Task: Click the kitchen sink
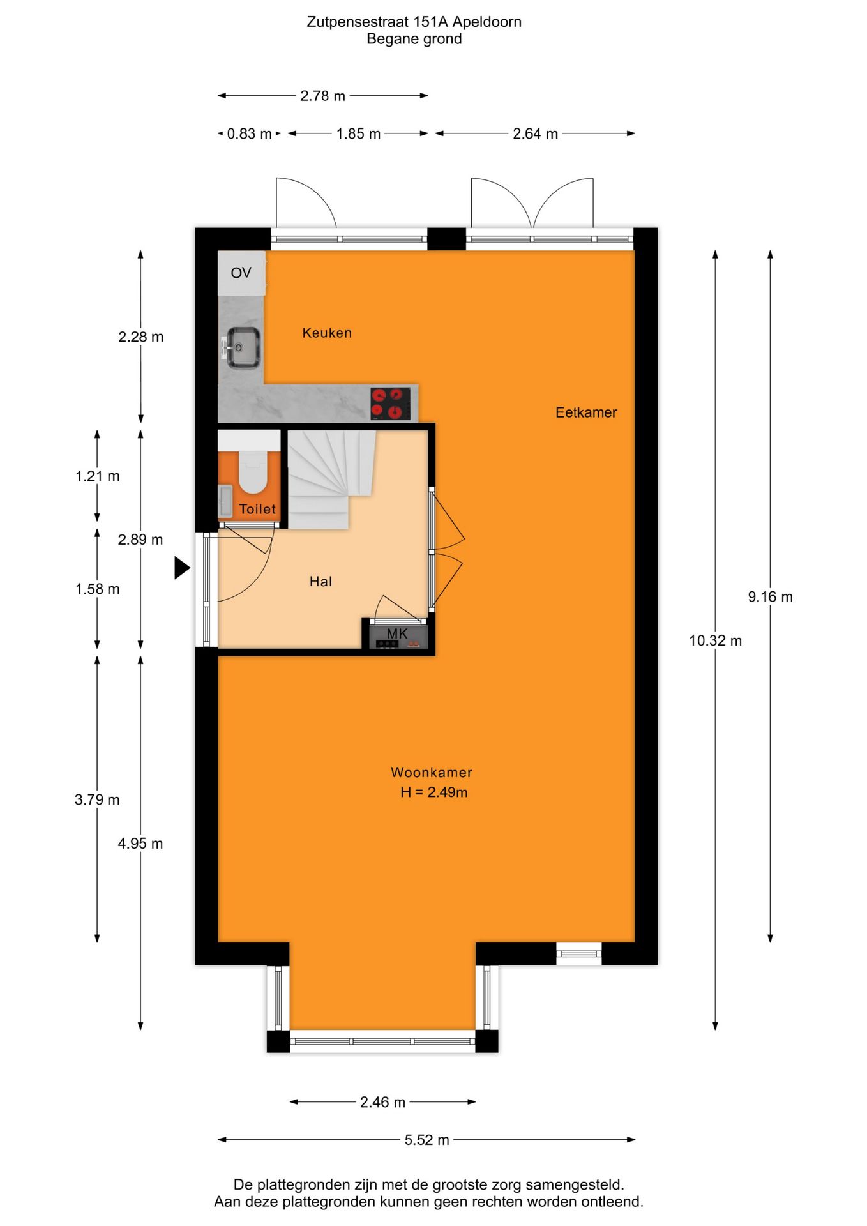tap(243, 347)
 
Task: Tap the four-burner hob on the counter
tap(390, 404)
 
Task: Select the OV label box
tap(241, 273)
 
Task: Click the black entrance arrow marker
tap(182, 568)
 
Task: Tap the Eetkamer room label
tap(585, 412)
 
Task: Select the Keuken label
tap(327, 333)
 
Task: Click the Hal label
tap(320, 581)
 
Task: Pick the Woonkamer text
tap(431, 772)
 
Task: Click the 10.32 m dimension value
tap(715, 640)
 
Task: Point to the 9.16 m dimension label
tap(770, 597)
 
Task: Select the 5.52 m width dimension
tap(426, 1140)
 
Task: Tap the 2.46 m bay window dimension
tap(382, 1102)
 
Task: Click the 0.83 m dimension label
tap(249, 134)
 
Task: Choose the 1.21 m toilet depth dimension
tap(98, 476)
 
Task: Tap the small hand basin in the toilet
tap(225, 501)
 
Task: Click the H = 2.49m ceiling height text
tap(433, 792)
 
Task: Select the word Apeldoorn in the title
tap(486, 22)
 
